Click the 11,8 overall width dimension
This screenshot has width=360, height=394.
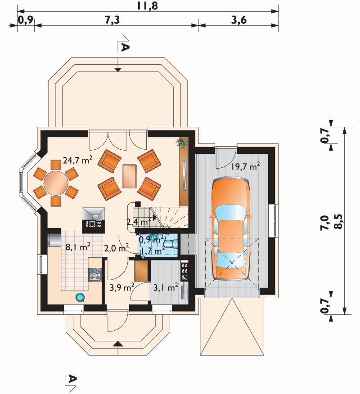coord(147,5)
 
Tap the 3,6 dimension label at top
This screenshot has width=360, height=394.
coord(239,20)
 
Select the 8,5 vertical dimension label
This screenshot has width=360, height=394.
coord(339,221)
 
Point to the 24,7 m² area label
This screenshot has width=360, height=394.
coord(77,160)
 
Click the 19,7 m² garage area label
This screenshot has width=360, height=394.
coord(245,166)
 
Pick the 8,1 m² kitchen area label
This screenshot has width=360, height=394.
coord(78,247)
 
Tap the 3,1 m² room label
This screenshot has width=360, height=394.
coord(166,287)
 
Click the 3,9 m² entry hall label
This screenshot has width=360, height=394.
coord(121,287)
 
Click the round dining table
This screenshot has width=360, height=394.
coord(56,183)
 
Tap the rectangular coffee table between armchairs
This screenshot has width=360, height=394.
coord(130,176)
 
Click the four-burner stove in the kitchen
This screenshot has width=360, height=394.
coord(95,275)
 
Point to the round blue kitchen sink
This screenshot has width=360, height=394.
coord(80,297)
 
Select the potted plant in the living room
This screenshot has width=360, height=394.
coord(181,143)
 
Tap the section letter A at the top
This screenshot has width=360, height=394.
coord(125,47)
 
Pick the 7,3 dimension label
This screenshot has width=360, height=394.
coord(112,20)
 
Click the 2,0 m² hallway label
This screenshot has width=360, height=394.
coord(117,249)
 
